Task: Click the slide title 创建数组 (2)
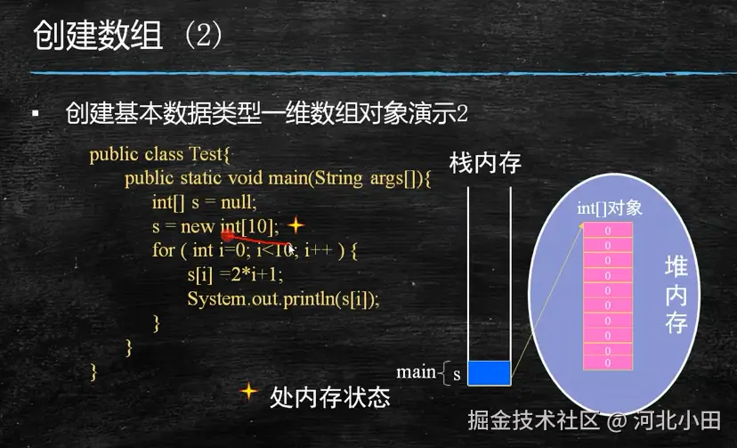point(127,36)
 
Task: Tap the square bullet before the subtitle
point(36,113)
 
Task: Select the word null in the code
point(238,202)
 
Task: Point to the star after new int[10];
point(296,225)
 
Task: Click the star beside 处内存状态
point(248,391)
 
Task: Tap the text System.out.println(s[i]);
point(283,298)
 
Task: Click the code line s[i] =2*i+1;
point(235,274)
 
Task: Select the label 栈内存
point(485,163)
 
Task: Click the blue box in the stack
point(490,373)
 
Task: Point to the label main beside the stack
point(416,371)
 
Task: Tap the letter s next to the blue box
point(457,375)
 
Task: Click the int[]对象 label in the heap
point(609,208)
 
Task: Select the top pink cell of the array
point(608,231)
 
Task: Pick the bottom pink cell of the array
point(608,362)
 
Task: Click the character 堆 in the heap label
point(676,266)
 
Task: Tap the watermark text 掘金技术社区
point(533,419)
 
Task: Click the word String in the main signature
point(338,178)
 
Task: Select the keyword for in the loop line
point(164,250)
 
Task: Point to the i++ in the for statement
point(318,250)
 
